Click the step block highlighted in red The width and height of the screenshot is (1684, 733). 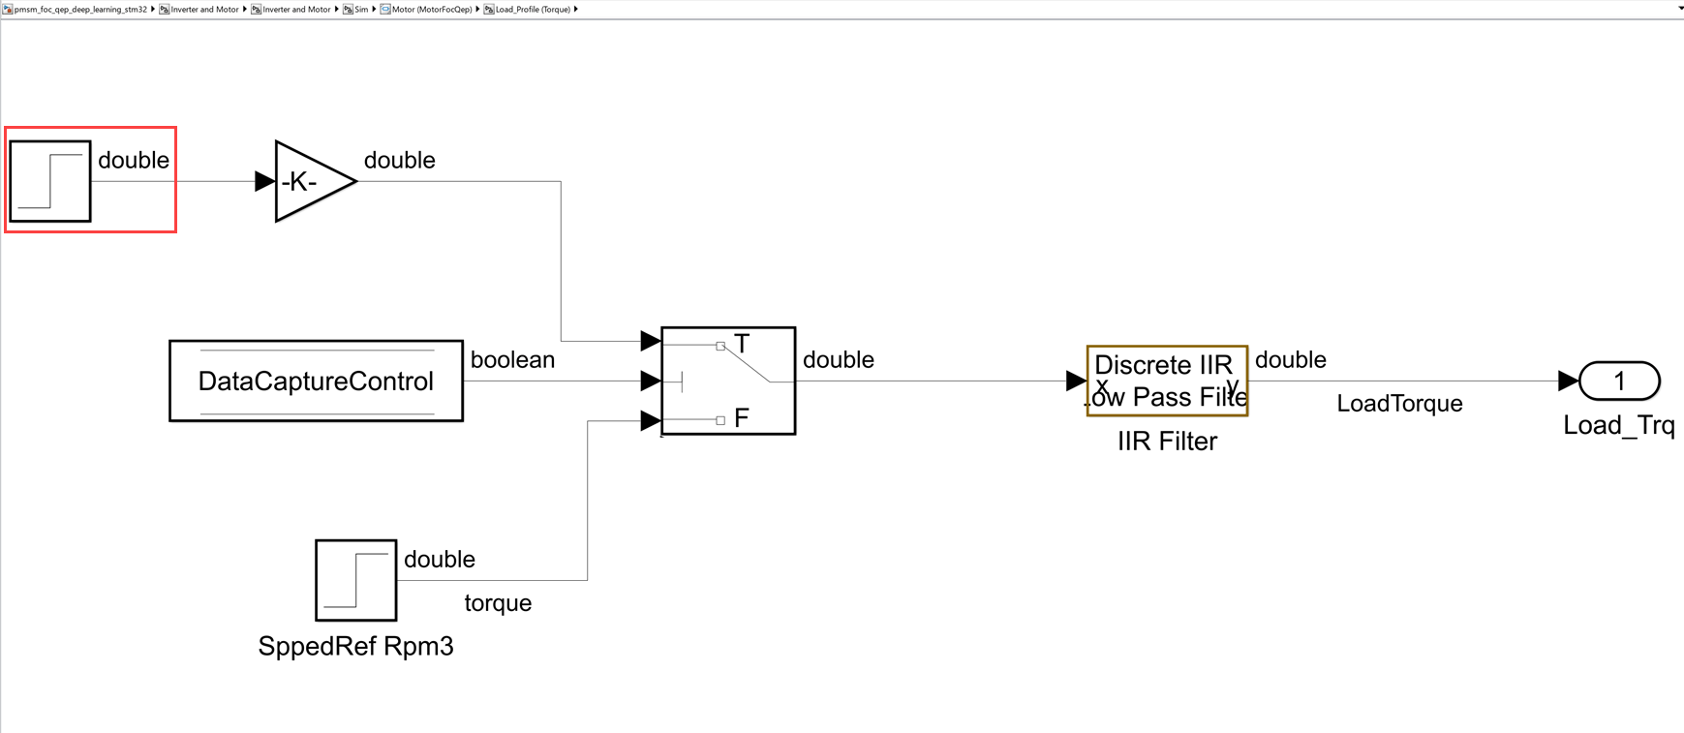tap(50, 181)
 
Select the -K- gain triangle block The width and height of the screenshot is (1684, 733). tap(310, 181)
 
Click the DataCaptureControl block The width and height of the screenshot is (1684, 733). tap(316, 381)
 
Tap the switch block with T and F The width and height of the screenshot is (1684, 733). tap(728, 381)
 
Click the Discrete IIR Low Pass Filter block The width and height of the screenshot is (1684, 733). tap(1167, 381)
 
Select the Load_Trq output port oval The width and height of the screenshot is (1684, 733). tap(1619, 381)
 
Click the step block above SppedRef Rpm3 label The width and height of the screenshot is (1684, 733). tap(355, 580)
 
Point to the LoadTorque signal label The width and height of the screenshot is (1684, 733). tap(1399, 404)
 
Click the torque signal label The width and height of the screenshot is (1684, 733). tap(498, 603)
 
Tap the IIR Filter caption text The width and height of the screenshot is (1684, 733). tap(1167, 442)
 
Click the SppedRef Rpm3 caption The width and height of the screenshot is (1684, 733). tap(355, 646)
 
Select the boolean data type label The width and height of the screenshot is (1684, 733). tap(512, 360)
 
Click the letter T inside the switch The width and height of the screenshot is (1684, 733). tap(742, 344)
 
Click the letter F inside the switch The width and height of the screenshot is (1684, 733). tap(742, 418)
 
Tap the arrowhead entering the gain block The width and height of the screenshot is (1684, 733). tap(264, 181)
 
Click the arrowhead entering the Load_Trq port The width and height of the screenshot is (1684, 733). tap(1568, 381)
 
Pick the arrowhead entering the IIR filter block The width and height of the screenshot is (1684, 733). tap(1076, 381)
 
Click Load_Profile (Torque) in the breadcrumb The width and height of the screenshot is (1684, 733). tap(533, 9)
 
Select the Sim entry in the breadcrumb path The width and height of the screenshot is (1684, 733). tap(361, 9)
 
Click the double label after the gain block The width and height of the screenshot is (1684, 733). tap(399, 161)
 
